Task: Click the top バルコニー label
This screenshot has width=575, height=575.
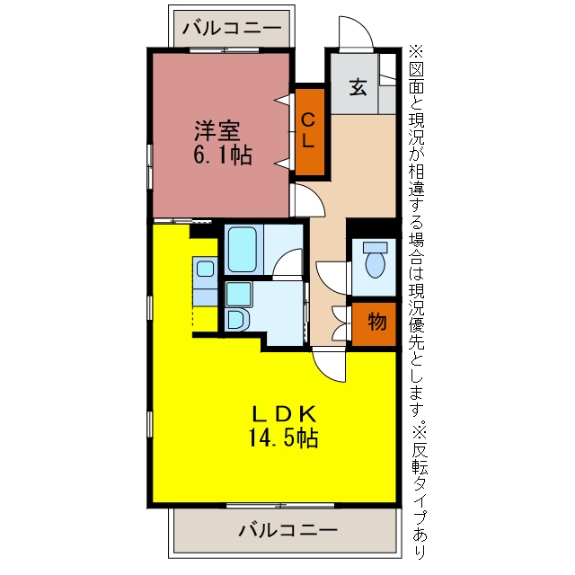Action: tap(232, 28)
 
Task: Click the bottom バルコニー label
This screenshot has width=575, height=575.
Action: tap(287, 530)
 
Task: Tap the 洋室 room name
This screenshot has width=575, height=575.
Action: tap(217, 131)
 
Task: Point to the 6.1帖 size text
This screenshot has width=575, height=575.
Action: tap(222, 155)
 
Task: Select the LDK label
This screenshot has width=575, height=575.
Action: tap(283, 414)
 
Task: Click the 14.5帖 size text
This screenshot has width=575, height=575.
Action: tap(283, 438)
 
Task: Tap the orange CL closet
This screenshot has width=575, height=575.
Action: tap(310, 132)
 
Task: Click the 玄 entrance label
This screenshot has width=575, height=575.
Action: tap(358, 87)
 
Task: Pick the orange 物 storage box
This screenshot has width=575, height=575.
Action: tap(374, 323)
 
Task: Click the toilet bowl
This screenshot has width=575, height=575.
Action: tap(376, 260)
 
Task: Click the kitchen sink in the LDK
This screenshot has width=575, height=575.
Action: tap(206, 269)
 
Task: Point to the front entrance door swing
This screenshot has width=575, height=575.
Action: tap(355, 32)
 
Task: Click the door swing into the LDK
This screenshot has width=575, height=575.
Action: tap(329, 367)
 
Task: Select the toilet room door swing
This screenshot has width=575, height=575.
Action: tap(332, 278)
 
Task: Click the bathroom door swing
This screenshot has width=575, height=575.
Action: tap(287, 263)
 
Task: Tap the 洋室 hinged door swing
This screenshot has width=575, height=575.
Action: tap(310, 200)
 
